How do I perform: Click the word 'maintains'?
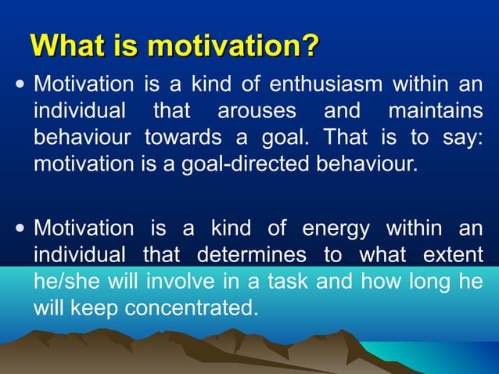(x=435, y=110)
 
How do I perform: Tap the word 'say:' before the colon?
(x=462, y=138)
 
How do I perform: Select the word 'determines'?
(x=246, y=255)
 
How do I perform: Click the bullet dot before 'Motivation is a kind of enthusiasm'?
(x=20, y=84)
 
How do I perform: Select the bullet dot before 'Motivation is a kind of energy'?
(x=20, y=228)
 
